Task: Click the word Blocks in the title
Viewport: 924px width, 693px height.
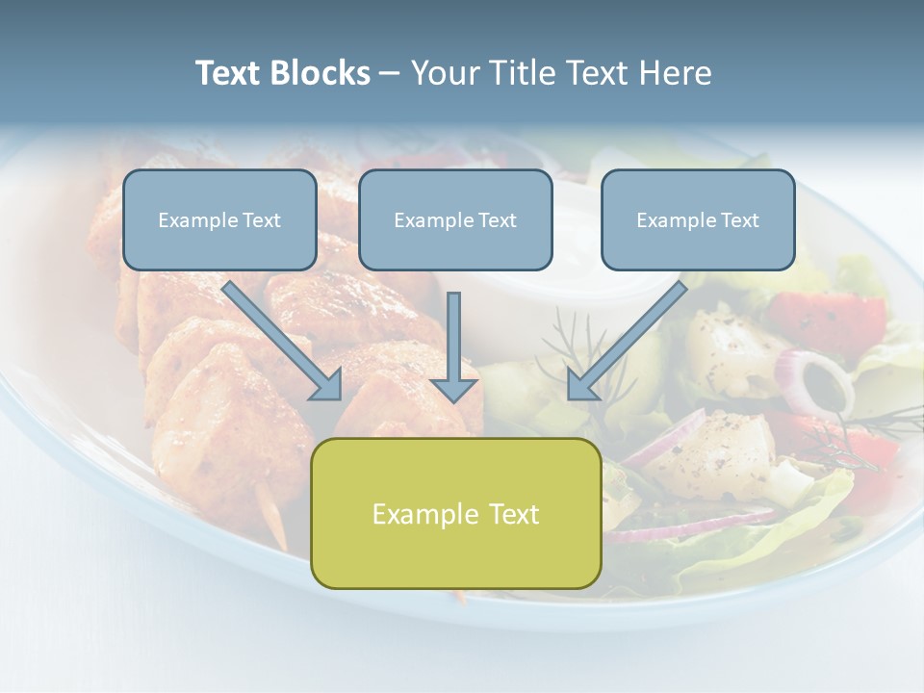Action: pos(321,73)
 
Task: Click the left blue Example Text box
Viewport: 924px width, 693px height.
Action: pos(219,220)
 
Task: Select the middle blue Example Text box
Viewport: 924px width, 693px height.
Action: pos(455,220)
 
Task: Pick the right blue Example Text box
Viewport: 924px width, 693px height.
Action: pos(698,220)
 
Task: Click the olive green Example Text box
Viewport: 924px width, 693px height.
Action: pos(455,514)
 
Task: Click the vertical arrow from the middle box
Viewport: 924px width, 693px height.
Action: pos(454,337)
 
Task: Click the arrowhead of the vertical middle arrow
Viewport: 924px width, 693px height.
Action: pos(454,389)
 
